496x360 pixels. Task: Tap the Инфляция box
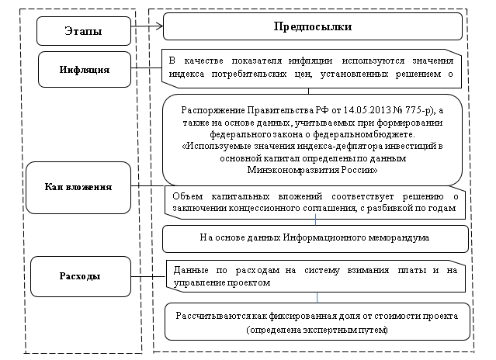tap(83, 69)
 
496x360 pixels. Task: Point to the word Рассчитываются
tap(217, 317)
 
